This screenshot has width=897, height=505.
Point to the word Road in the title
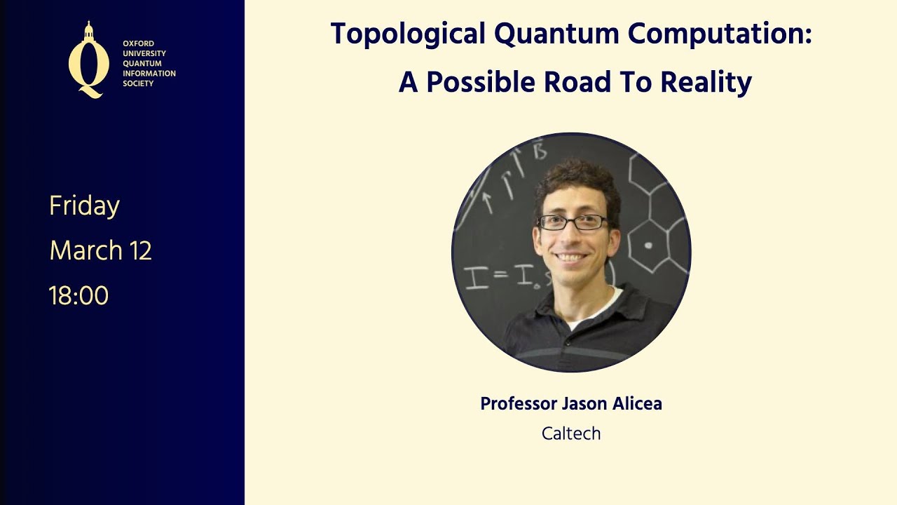[x=587, y=83]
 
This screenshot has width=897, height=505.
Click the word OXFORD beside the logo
[x=138, y=43]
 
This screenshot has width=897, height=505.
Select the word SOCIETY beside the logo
[x=138, y=83]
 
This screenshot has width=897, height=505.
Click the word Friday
[x=85, y=206]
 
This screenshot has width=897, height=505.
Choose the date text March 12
[x=101, y=250]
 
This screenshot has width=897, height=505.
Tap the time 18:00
[x=79, y=296]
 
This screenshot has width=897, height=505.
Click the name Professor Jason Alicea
[x=571, y=404]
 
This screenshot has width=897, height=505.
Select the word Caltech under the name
[x=571, y=433]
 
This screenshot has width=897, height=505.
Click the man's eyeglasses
[x=573, y=222]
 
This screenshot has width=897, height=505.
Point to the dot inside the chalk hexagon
[x=648, y=245]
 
